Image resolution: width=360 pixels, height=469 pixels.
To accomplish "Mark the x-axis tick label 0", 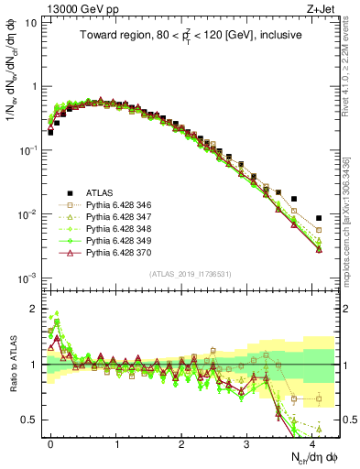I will [51, 442].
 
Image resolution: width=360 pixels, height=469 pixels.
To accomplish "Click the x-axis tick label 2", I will [181, 442].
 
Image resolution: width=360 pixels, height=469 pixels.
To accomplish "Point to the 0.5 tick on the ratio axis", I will [34, 420].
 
